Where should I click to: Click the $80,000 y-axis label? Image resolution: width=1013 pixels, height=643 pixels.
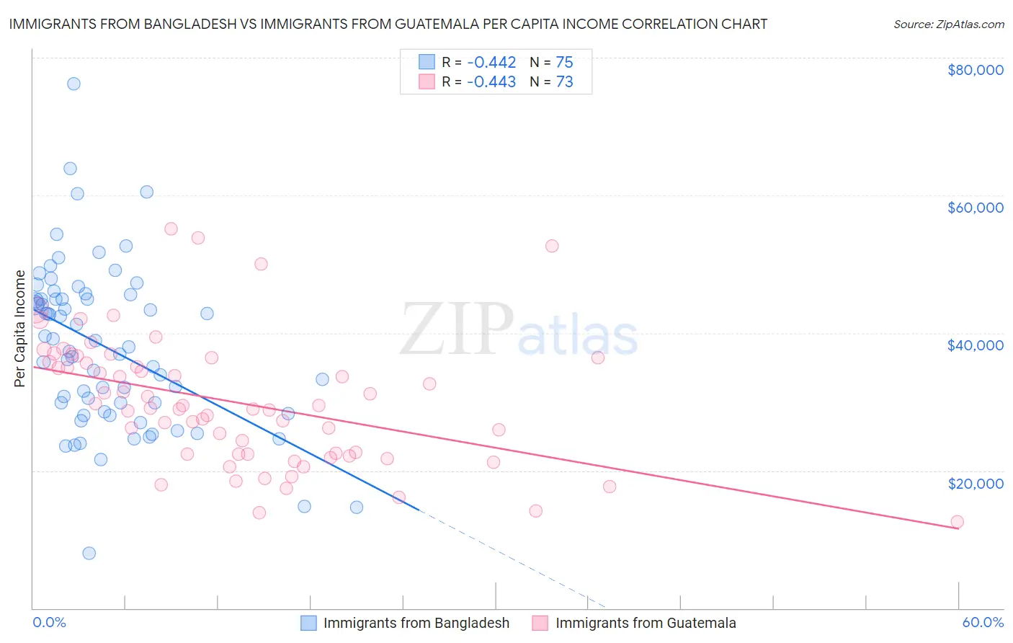tap(975, 70)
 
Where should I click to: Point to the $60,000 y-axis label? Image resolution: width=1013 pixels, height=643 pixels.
tap(975, 208)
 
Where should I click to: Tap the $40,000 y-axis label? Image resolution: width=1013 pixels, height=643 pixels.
tap(975, 345)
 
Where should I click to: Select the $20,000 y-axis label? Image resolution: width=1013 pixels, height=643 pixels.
tap(975, 483)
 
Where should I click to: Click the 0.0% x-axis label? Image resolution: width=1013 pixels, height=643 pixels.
tap(49, 622)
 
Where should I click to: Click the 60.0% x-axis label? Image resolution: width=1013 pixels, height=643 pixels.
tap(982, 622)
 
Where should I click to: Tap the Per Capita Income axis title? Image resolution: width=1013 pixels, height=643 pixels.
tap(20, 328)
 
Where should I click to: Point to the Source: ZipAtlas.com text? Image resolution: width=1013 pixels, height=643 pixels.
tap(948, 24)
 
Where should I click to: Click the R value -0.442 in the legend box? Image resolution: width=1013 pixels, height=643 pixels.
tap(491, 63)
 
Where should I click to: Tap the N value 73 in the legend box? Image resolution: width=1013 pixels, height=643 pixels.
tap(564, 82)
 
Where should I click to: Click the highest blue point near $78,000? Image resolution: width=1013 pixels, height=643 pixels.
tap(73, 84)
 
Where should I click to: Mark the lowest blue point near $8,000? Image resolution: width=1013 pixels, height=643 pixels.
tap(89, 553)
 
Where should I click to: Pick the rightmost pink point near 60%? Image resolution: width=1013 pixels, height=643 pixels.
tap(957, 521)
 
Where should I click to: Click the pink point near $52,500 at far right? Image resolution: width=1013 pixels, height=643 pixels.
tap(552, 246)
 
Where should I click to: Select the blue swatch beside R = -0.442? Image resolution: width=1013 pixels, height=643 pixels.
tap(427, 62)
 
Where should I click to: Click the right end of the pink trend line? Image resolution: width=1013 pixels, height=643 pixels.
tap(958, 528)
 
